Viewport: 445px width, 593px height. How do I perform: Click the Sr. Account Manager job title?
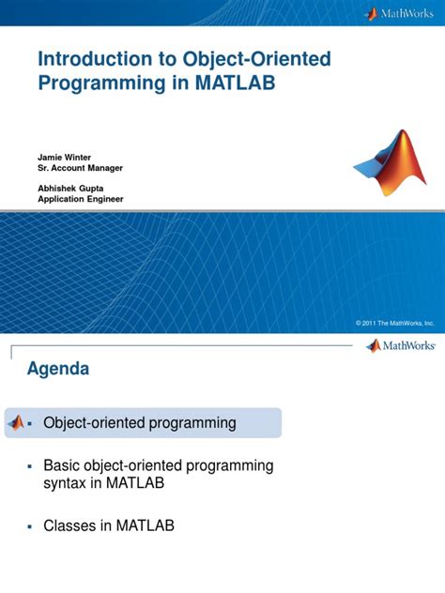pyautogui.click(x=81, y=167)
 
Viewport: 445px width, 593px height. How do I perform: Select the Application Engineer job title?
pyautogui.click(x=80, y=199)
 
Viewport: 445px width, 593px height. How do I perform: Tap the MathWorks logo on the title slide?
pyautogui.click(x=400, y=13)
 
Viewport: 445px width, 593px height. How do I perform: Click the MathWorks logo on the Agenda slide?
pyautogui.click(x=400, y=346)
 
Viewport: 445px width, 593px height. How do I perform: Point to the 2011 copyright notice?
pyautogui.click(x=394, y=322)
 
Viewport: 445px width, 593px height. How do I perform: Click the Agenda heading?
pyautogui.click(x=58, y=369)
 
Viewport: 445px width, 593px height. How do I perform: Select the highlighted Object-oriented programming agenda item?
pyautogui.click(x=140, y=423)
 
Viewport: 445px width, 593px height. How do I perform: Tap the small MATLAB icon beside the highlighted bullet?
pyautogui.click(x=16, y=423)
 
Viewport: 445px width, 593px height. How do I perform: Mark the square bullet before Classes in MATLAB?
pyautogui.click(x=31, y=526)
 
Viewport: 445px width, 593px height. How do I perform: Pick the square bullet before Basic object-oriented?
pyautogui.click(x=31, y=466)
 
